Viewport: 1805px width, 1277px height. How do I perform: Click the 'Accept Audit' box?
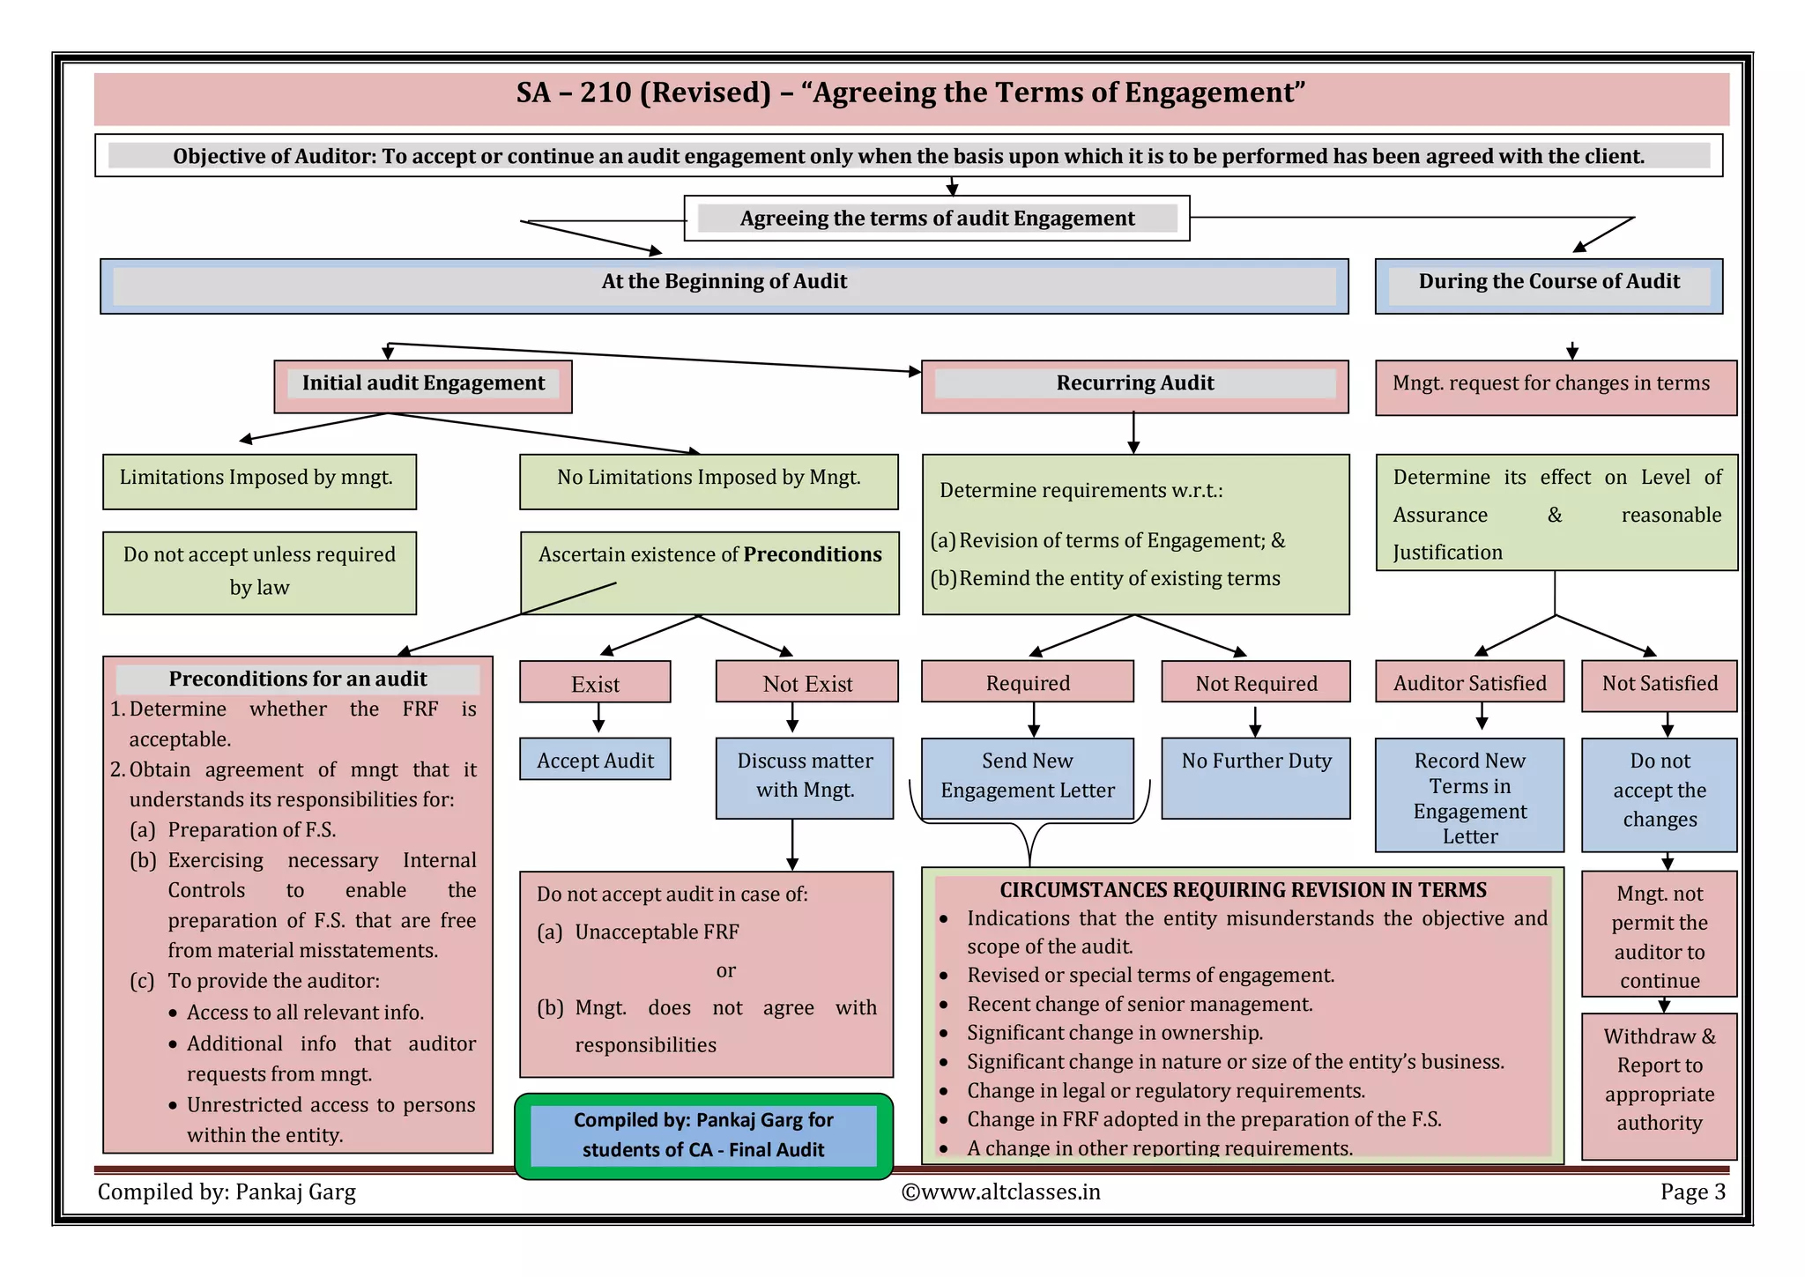595,760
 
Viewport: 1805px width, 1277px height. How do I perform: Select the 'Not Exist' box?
806,683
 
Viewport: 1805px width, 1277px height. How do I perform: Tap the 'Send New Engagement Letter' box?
1027,776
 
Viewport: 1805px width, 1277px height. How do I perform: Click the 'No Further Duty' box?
1256,776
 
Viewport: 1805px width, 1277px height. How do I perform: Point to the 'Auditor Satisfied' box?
1469,683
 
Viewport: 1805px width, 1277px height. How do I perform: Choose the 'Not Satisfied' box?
1659,684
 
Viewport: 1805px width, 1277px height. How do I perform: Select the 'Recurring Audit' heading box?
1134,384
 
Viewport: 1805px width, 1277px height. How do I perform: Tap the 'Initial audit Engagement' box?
423,384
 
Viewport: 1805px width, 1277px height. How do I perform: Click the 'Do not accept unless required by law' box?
258,571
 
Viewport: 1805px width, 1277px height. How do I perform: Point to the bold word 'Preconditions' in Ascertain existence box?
812,554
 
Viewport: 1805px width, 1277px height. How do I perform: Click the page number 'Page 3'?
1692,1192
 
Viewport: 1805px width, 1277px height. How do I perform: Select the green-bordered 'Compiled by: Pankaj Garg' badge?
703,1135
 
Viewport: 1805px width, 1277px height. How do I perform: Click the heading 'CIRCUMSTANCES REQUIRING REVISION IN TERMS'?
1243,890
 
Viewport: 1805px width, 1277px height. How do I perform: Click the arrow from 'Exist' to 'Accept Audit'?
598,718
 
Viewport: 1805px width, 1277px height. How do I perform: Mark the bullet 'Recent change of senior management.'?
1139,1004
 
